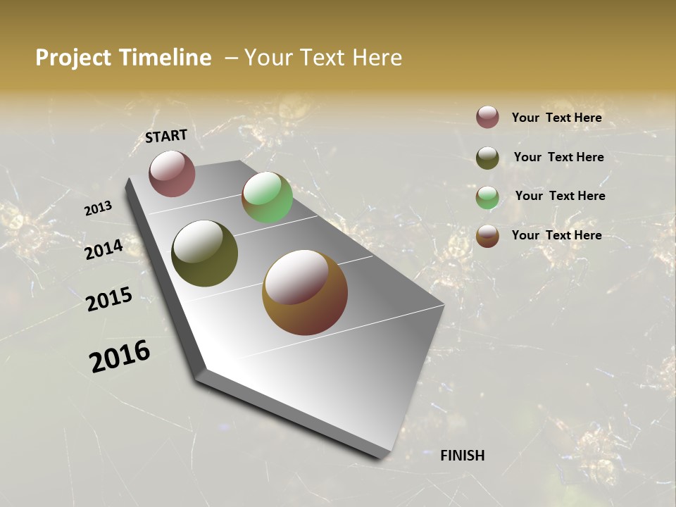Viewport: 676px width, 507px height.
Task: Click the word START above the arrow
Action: click(166, 136)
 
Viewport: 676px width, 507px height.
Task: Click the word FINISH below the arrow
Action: click(462, 456)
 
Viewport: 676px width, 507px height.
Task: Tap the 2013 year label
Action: click(99, 208)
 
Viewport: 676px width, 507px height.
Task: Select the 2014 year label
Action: click(104, 249)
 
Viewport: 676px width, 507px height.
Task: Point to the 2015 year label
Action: click(109, 299)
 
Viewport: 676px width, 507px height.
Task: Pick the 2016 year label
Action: click(120, 356)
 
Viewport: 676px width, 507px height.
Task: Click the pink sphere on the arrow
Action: click(172, 173)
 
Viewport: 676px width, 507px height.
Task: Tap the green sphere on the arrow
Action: click(267, 197)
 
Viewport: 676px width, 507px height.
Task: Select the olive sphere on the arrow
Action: click(204, 254)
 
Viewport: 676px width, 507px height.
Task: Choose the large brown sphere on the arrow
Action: click(304, 292)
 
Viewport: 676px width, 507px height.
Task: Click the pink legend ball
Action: click(487, 117)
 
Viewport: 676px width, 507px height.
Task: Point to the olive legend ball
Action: click(487, 158)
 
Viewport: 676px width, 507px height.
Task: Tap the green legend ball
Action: click(487, 197)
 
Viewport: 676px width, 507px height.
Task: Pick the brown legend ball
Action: click(487, 236)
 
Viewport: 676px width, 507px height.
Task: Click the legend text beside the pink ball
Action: click(556, 118)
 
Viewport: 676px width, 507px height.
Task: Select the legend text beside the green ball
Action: click(560, 196)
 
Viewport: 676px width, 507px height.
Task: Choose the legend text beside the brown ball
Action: click(556, 235)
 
